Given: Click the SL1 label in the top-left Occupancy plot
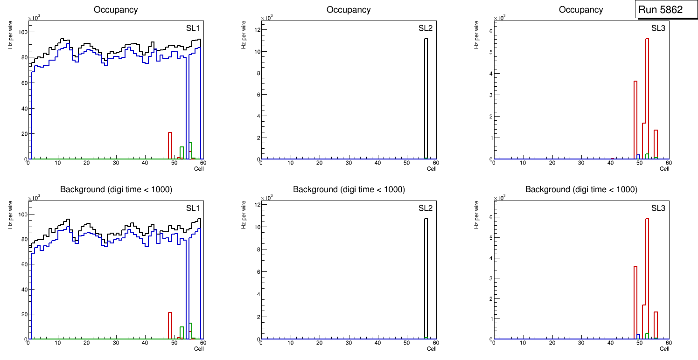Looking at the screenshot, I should pyautogui.click(x=193, y=28).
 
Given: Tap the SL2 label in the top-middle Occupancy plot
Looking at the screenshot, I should pyautogui.click(x=425, y=28).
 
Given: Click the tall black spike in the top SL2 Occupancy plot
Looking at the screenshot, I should pyautogui.click(x=426, y=98).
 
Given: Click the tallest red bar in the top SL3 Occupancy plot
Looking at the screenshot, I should pyautogui.click(x=647, y=98).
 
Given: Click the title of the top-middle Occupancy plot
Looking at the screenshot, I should pyautogui.click(x=349, y=10).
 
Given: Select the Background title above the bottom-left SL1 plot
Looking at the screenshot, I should pyautogui.click(x=116, y=189).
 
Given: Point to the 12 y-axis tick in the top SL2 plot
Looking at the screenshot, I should pyautogui.click(x=256, y=30).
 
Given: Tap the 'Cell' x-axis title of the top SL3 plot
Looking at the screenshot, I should pyautogui.click(x=664, y=169).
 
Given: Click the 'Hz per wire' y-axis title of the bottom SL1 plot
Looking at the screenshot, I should pyautogui.click(x=10, y=215).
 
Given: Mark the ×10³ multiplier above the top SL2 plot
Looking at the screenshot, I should pyautogui.click(x=266, y=18).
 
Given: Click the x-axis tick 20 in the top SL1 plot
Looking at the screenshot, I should pyautogui.click(x=87, y=163).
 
